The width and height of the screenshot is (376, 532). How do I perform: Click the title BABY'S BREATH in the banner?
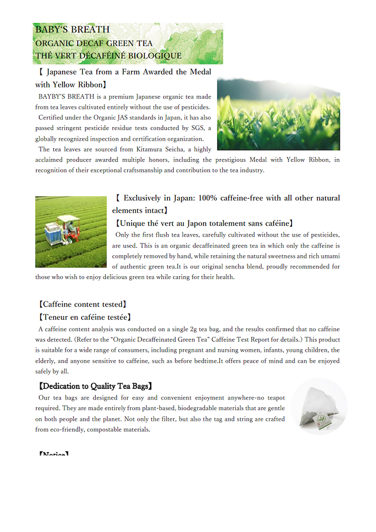pyautogui.click(x=72, y=30)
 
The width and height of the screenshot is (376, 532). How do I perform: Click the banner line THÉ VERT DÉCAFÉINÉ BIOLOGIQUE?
pyautogui.click(x=108, y=56)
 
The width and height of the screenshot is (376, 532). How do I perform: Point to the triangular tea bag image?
pyautogui.click(x=319, y=407)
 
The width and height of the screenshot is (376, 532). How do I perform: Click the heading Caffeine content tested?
pyautogui.click(x=82, y=304)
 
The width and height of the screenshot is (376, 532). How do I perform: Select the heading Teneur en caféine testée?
pyautogui.click(x=85, y=317)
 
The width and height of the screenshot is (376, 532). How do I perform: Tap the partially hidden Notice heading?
pyautogui.click(x=54, y=455)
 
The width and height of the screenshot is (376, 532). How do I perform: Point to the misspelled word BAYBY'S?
pyautogui.click(x=54, y=96)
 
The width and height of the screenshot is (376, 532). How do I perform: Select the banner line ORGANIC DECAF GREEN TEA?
pyautogui.click(x=94, y=43)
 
